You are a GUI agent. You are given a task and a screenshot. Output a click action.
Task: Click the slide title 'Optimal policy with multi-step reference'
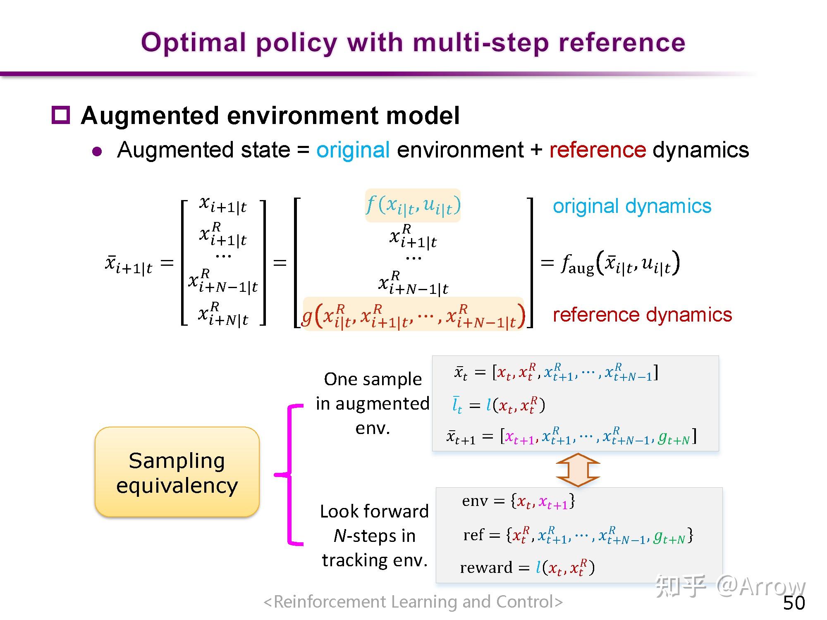tap(413, 43)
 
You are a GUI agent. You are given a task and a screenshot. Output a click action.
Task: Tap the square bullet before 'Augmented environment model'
tap(61, 115)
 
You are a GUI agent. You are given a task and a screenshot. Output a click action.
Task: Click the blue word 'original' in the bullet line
tap(353, 150)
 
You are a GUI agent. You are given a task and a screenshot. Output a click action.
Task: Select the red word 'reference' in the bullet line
tap(598, 150)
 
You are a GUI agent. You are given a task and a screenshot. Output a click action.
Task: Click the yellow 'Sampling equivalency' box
tap(177, 472)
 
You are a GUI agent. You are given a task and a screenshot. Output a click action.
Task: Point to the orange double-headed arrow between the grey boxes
tap(578, 470)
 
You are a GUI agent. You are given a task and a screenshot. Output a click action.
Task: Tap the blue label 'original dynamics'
tap(632, 206)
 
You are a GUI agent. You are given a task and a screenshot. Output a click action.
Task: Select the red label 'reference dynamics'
tap(642, 315)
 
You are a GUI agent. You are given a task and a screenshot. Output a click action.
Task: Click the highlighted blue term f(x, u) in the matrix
tap(413, 205)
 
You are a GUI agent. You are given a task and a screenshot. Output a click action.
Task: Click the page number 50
tap(794, 603)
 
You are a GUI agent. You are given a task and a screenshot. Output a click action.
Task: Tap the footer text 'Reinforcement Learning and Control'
tap(413, 602)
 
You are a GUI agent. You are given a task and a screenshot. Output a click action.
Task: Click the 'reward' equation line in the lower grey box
tap(527, 567)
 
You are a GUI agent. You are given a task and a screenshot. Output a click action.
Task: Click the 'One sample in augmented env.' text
tap(373, 403)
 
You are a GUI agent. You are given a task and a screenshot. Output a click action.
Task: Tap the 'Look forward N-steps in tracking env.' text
tap(374, 536)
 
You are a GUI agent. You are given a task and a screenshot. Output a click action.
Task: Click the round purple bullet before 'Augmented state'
tap(97, 151)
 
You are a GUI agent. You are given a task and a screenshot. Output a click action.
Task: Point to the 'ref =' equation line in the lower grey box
tap(578, 536)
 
